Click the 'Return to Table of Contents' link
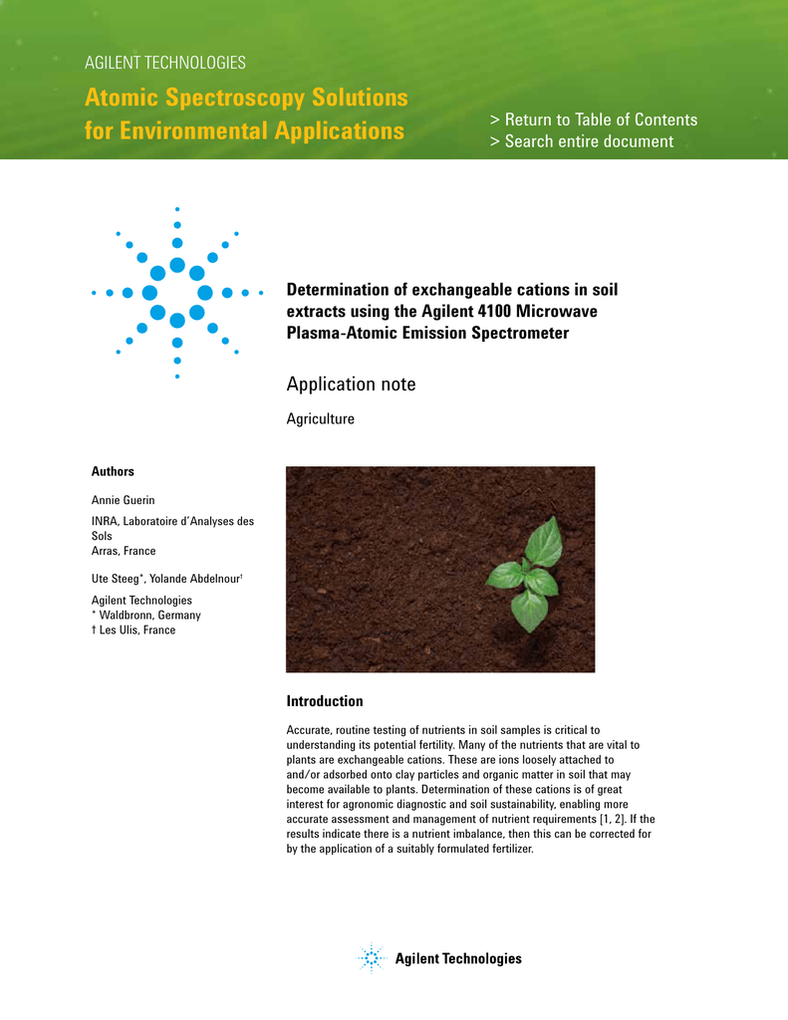tap(594, 120)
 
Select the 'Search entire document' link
tap(582, 141)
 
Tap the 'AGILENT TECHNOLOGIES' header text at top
tap(165, 63)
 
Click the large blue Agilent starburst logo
tap(177, 292)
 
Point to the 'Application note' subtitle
tap(351, 384)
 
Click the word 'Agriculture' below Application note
tap(320, 419)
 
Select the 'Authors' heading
tap(113, 471)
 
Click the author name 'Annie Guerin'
tap(124, 499)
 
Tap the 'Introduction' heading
tap(325, 701)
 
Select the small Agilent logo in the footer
tap(371, 958)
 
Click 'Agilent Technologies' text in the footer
tap(458, 959)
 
